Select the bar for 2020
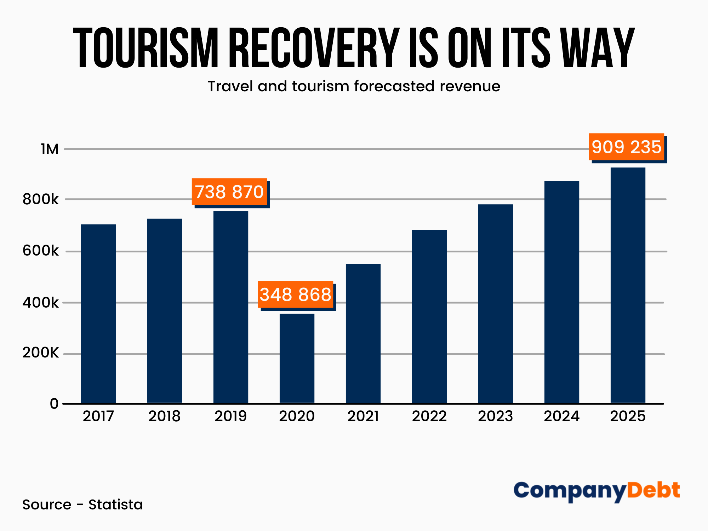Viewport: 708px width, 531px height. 297,358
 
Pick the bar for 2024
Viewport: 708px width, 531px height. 562,292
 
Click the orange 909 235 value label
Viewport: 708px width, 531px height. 626,147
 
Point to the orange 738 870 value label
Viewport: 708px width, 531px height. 229,192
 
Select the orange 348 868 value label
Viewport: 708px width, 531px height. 296,295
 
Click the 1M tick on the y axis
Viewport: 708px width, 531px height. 50,149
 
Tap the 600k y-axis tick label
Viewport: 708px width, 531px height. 40,251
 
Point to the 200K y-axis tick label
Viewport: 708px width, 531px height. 40,353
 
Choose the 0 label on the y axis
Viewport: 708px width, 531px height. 54,404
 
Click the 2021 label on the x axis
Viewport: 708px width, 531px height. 363,416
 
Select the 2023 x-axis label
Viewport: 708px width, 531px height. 496,416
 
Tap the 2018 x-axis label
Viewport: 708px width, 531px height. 165,416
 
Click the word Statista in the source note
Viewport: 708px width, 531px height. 115,504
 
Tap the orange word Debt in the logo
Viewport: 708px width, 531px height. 653,491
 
